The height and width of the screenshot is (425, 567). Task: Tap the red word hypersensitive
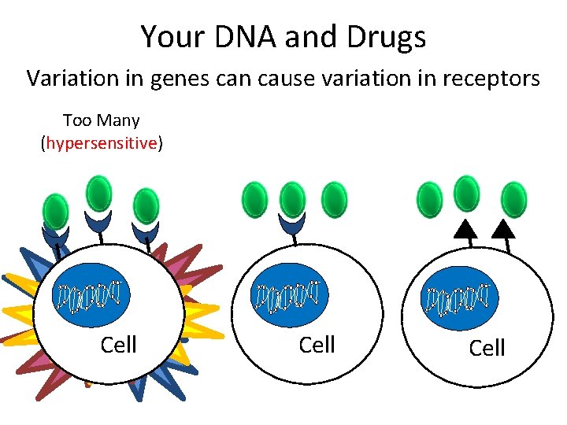(x=101, y=143)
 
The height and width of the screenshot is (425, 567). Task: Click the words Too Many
(x=101, y=120)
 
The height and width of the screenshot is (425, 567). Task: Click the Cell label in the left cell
(x=119, y=345)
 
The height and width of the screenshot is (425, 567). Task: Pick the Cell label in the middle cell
(x=317, y=345)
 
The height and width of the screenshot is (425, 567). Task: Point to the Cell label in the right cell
(x=487, y=348)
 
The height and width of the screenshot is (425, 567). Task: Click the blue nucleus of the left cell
(x=91, y=294)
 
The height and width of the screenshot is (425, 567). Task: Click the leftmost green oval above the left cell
(x=55, y=211)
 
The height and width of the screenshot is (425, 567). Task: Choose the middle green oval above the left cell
(x=98, y=194)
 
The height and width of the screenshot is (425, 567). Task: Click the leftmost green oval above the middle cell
(x=254, y=200)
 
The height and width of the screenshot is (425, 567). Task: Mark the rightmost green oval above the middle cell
(x=335, y=200)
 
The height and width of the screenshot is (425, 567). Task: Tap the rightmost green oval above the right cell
(x=513, y=199)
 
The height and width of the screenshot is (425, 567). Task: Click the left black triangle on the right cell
(x=466, y=229)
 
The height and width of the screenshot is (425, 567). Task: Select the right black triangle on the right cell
(x=503, y=229)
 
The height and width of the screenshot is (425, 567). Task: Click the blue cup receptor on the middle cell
(x=291, y=225)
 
